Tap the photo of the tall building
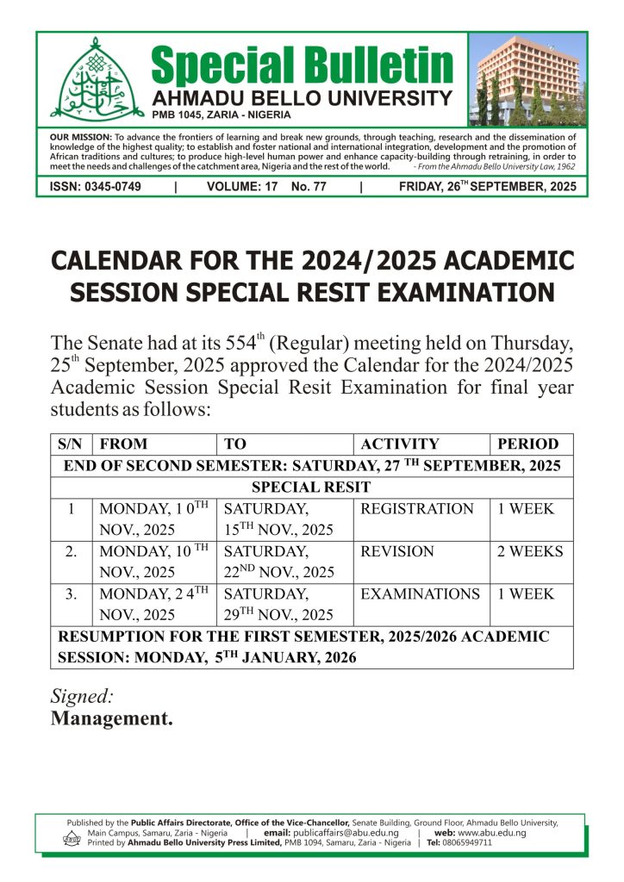pyautogui.click(x=527, y=81)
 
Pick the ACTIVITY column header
pyautogui.click(x=399, y=444)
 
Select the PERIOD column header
pyautogui.click(x=527, y=444)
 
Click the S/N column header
pyautogui.click(x=70, y=444)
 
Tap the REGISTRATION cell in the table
pyautogui.click(x=417, y=509)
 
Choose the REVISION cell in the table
pyautogui.click(x=396, y=551)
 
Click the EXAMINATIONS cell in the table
pyautogui.click(x=420, y=594)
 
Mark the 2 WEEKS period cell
pyautogui.click(x=529, y=551)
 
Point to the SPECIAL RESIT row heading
pyautogui.click(x=311, y=488)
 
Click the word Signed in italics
pyautogui.click(x=83, y=696)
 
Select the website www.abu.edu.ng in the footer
pyautogui.click(x=492, y=833)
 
